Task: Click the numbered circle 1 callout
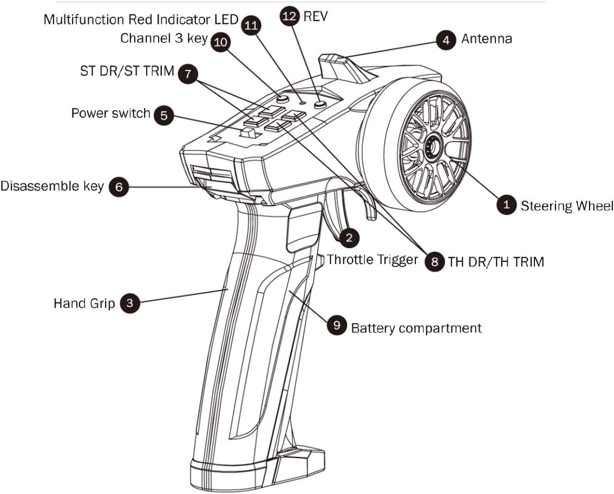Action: point(506,205)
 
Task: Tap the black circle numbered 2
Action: point(349,236)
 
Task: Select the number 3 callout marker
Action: point(129,302)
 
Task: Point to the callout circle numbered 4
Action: point(446,40)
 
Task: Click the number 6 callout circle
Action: point(119,187)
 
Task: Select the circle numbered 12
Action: point(290,17)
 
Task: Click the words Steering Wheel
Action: point(566,206)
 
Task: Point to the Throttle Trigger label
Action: point(373,260)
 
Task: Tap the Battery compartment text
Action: point(416,328)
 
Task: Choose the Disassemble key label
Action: point(52,186)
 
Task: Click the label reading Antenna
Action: point(486,39)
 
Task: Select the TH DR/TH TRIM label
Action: point(495,262)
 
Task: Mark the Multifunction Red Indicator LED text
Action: point(140,19)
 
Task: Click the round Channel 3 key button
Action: point(282,100)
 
